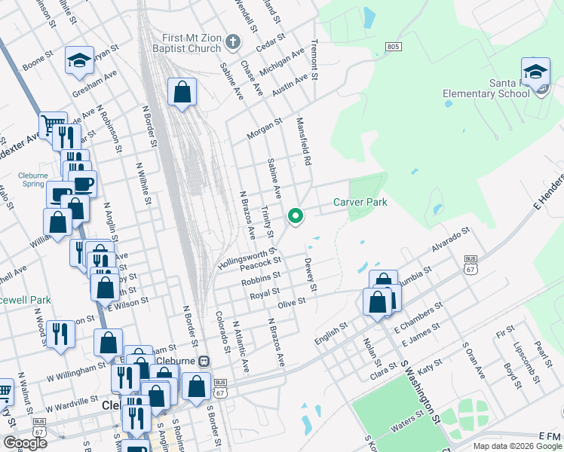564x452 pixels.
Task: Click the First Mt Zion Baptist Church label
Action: [x=192, y=44]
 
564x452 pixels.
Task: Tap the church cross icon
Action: [x=233, y=41]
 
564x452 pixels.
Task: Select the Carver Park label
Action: [x=360, y=202]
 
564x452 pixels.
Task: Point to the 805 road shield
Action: [x=392, y=47]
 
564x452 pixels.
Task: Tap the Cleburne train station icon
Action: [x=204, y=361]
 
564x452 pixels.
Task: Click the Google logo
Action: [x=25, y=442]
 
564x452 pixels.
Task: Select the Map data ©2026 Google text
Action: [x=516, y=446]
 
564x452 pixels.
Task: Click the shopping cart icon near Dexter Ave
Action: [x=53, y=124]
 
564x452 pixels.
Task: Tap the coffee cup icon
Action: [x=83, y=182]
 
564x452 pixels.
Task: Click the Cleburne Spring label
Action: [x=32, y=179]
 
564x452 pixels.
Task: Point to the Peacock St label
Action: [x=260, y=264]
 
